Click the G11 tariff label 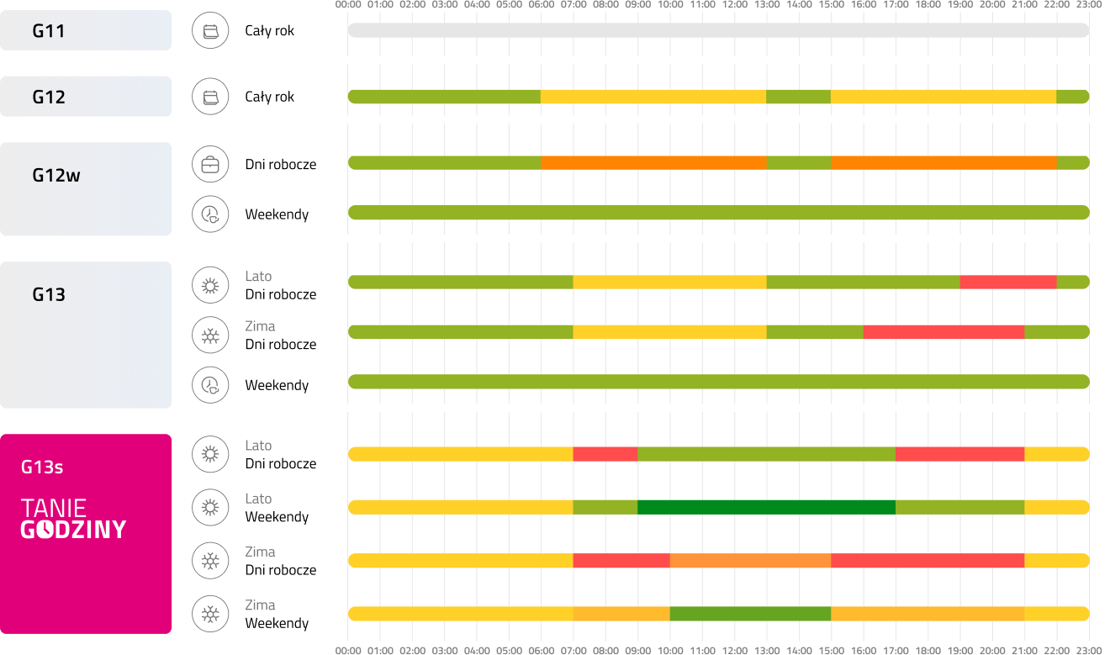click(49, 31)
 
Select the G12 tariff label click(49, 97)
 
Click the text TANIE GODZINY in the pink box click(73, 518)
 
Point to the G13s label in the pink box click(42, 467)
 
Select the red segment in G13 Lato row click(1007, 283)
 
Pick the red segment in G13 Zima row click(943, 332)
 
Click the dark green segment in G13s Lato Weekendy click(766, 507)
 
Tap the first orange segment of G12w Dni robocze click(653, 162)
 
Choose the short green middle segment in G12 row click(798, 97)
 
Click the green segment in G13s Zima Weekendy click(750, 614)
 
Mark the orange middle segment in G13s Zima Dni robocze click(750, 561)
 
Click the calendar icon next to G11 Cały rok click(210, 31)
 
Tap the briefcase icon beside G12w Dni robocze click(210, 165)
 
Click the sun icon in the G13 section click(210, 286)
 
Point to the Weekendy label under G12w click(277, 214)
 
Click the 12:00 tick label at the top click(734, 4)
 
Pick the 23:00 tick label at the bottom click(1088, 650)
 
